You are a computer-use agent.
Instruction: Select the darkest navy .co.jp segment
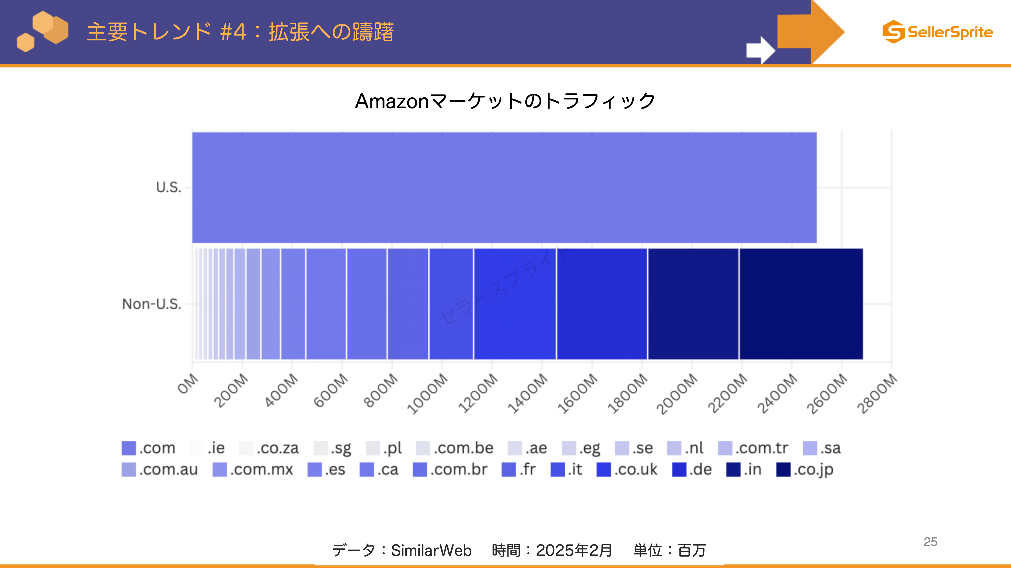(x=801, y=304)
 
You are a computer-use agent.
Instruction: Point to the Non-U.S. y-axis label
(x=152, y=304)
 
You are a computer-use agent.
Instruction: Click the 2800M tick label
(x=877, y=393)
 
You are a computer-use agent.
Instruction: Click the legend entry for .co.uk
(x=627, y=469)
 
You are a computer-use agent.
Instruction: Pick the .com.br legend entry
(x=450, y=469)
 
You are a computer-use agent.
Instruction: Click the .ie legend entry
(x=207, y=448)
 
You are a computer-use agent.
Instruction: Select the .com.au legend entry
(x=160, y=469)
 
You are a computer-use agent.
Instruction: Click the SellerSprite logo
(x=938, y=32)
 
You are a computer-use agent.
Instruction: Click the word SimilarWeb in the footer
(x=431, y=550)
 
